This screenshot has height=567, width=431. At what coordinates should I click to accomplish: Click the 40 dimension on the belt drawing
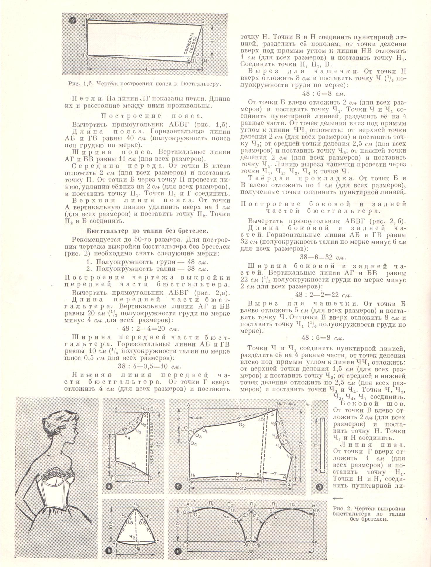coord(147,69)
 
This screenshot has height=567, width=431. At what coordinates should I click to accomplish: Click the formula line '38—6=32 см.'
coord(323,258)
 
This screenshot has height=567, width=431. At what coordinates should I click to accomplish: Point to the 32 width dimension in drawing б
coord(243,489)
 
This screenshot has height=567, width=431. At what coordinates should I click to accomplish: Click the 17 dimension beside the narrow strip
coord(316,445)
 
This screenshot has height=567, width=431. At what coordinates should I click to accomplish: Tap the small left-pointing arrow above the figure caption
coord(338,498)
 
